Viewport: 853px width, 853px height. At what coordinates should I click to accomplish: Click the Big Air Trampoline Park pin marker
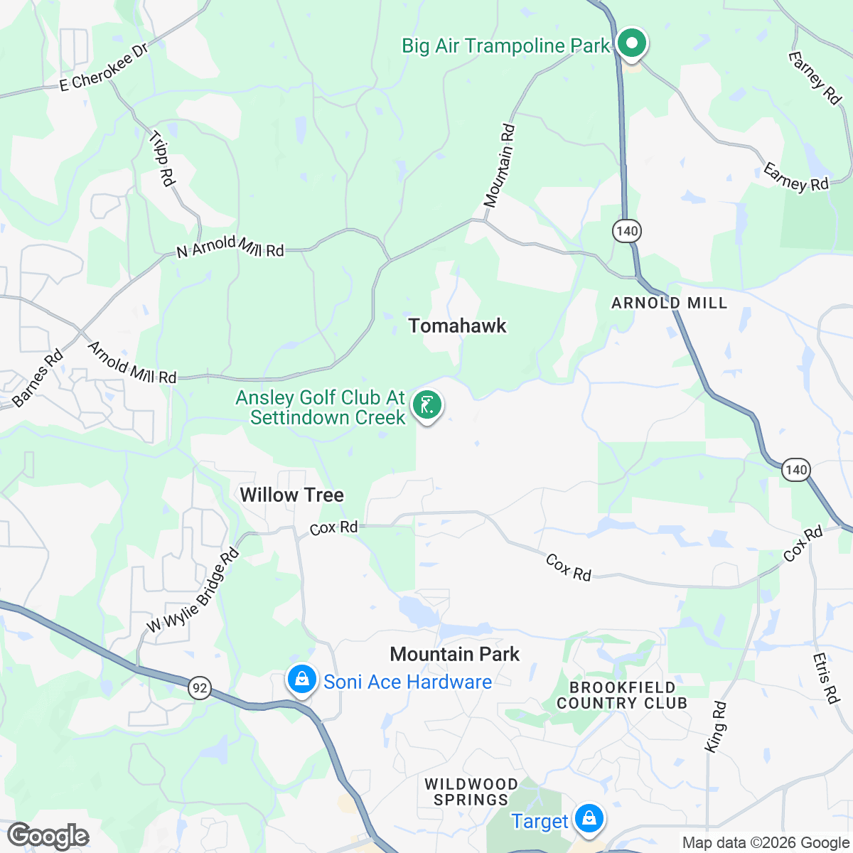(631, 43)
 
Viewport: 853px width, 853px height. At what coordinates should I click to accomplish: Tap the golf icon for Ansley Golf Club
(426, 406)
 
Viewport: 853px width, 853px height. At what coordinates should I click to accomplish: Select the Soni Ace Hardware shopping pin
(302, 680)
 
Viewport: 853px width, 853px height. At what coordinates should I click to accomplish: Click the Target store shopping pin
(589, 819)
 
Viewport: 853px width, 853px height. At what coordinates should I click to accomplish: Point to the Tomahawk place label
(457, 326)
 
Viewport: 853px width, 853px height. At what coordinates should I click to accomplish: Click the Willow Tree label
(291, 495)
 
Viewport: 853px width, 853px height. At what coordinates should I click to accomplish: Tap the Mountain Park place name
(455, 654)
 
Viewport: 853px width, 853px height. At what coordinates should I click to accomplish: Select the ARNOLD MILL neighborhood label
(670, 304)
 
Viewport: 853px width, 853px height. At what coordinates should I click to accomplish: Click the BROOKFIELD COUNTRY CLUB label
(622, 695)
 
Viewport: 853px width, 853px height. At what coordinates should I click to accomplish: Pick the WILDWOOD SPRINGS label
(471, 791)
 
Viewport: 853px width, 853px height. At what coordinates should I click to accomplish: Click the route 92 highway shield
(200, 687)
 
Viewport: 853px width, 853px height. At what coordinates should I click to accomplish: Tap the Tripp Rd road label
(162, 159)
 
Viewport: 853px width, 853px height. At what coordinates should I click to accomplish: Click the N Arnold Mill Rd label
(230, 247)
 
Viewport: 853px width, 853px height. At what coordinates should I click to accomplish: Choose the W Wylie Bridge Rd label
(192, 591)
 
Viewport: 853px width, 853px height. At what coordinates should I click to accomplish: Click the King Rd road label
(716, 726)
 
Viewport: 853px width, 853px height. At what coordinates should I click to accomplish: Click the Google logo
(48, 837)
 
